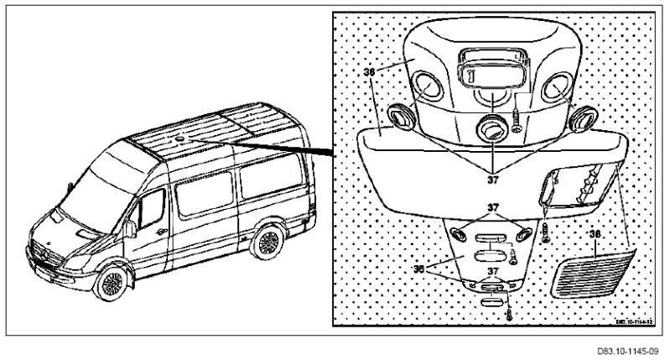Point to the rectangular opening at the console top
[x=490, y=66]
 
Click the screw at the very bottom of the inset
[x=509, y=318]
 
